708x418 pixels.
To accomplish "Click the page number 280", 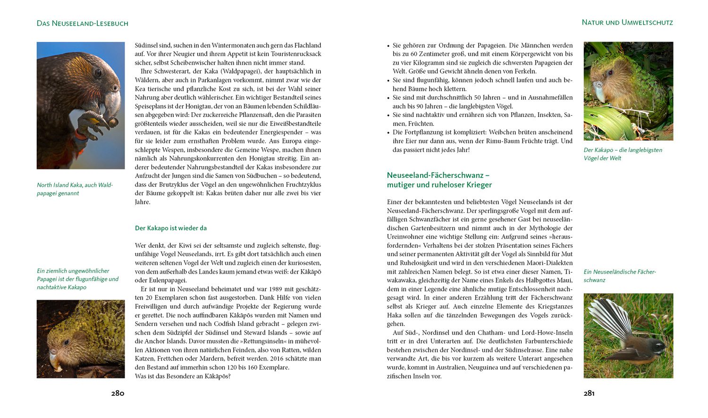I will point(118,393).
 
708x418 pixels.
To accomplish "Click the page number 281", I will point(589,393).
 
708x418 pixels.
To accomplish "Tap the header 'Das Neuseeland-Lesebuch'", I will point(83,23).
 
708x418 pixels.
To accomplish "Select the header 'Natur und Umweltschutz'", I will point(627,22).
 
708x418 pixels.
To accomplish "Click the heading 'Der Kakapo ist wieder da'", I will point(171,228).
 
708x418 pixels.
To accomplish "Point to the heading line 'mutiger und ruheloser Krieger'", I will point(439,185).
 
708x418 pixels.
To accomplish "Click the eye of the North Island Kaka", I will point(98,73).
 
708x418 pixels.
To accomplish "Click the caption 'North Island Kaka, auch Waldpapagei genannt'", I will point(75,189).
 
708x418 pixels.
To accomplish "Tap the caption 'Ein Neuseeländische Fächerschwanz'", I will point(620,276).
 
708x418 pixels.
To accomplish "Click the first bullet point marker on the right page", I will point(388,46).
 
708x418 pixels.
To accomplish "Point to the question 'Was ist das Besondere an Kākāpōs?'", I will point(183,376).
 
